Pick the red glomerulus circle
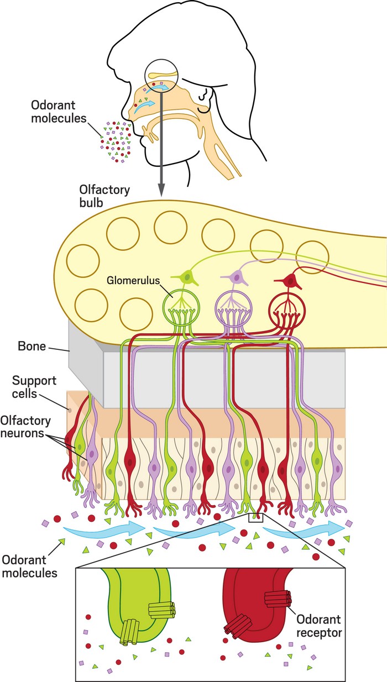coord(286,303)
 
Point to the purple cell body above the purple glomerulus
coord(238,275)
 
